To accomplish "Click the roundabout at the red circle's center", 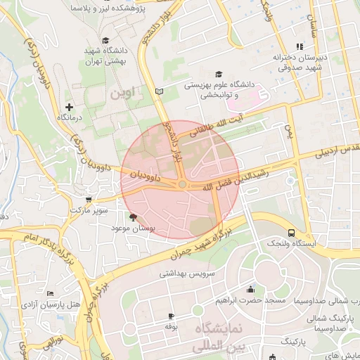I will click(x=182, y=184).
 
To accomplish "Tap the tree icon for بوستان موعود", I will click(x=133, y=217).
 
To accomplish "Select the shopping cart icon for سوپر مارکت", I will click(x=87, y=199).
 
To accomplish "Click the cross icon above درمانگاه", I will click(x=69, y=106).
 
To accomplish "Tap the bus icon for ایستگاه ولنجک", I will click(x=291, y=232).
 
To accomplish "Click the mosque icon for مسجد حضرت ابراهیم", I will click(x=250, y=290).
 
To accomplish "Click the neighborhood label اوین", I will click(x=119, y=93).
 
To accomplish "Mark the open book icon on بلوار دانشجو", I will click(x=159, y=91).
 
